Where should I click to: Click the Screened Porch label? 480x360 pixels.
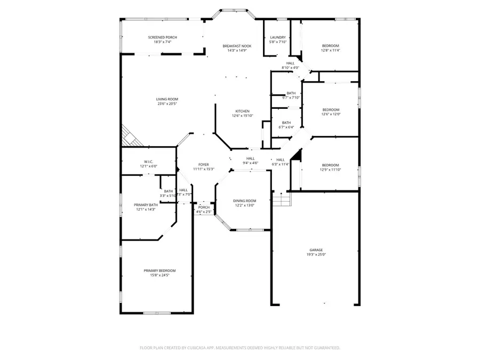[162, 37]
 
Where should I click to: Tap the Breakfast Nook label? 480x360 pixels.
[237, 46]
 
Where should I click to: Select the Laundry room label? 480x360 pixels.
[278, 37]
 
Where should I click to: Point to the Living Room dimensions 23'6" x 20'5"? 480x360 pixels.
[167, 104]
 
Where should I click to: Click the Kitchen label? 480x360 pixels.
[243, 111]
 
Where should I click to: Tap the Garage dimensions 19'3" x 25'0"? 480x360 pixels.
[316, 255]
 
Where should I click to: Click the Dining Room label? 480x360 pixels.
[244, 201]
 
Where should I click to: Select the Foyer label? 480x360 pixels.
[204, 164]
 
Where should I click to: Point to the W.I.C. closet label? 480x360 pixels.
[149, 162]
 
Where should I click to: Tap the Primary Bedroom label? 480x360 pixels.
[159, 270]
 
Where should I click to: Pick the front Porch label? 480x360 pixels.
[204, 207]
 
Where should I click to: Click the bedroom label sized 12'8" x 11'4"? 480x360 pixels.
[330, 46]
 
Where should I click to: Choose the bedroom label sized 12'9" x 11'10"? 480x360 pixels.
[330, 165]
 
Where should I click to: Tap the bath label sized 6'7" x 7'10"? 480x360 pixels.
[291, 93]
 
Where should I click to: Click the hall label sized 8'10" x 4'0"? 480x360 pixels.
[290, 63]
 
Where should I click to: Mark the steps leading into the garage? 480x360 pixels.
[282, 199]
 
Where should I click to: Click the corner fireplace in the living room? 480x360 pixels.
[129, 137]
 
